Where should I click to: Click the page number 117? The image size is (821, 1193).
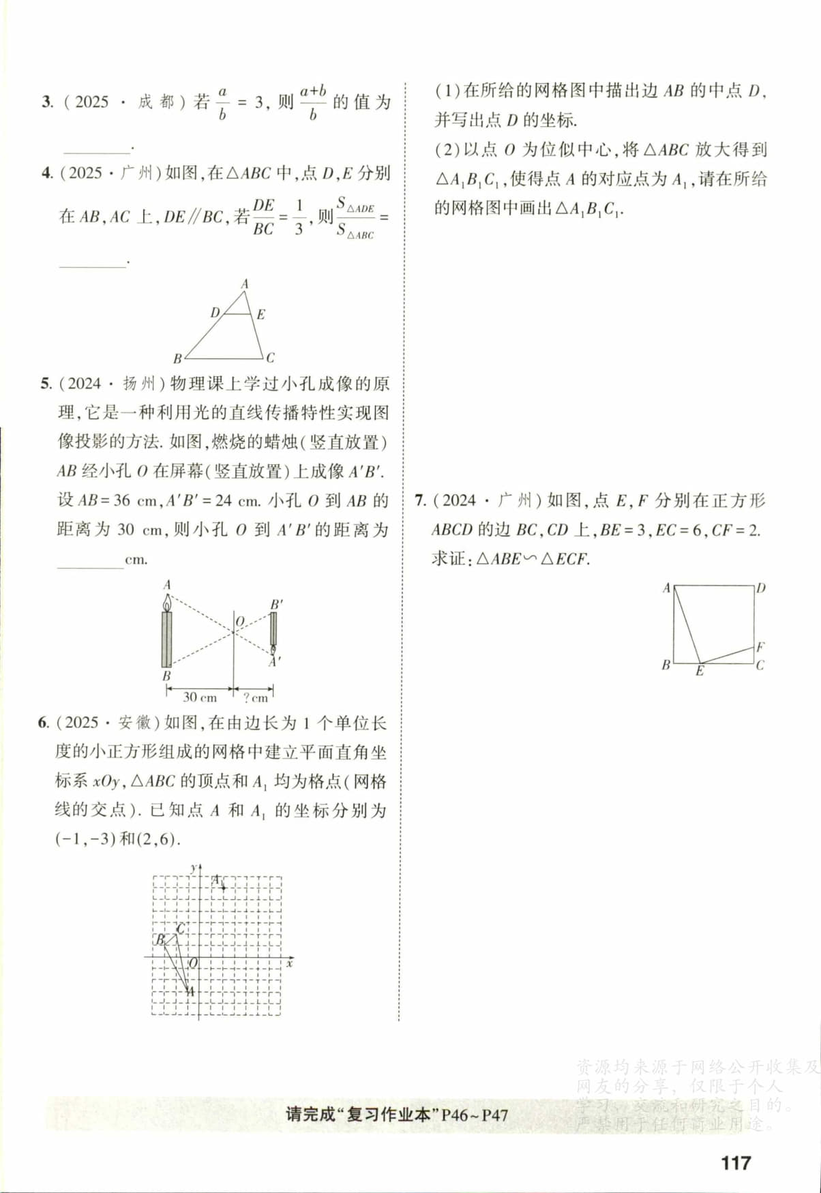tap(735, 1162)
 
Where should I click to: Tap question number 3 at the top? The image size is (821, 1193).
tap(46, 102)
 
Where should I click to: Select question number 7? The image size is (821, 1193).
tap(420, 500)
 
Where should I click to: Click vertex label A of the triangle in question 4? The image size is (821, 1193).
tap(245, 284)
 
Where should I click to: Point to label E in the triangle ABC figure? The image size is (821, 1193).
tap(260, 314)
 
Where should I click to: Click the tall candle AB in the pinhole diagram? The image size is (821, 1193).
tap(166, 638)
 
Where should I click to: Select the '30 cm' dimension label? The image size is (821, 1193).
tap(199, 697)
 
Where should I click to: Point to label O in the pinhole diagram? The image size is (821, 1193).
tap(239, 622)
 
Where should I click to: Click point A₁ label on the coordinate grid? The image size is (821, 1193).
tap(217, 880)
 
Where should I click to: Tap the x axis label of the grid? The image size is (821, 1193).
tap(290, 963)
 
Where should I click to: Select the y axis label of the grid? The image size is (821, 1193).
tap(193, 867)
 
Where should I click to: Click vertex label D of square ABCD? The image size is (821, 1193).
tap(761, 588)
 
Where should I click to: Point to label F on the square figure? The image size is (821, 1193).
tap(760, 647)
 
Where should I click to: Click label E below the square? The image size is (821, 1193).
tap(699, 671)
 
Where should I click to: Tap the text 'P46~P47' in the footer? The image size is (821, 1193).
tap(475, 1115)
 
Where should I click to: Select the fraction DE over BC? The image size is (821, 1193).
tap(264, 217)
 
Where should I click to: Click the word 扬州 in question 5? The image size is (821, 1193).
tap(139, 384)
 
